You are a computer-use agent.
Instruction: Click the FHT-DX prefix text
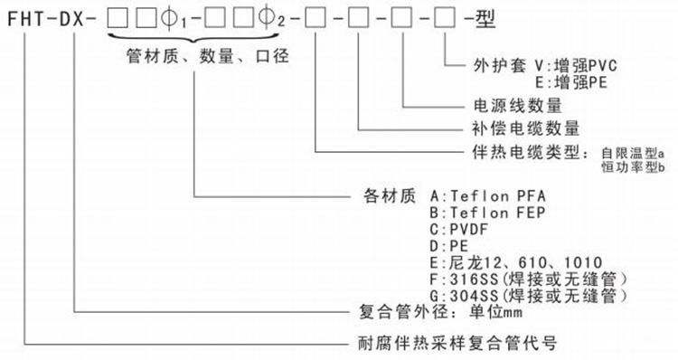point(48,15)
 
